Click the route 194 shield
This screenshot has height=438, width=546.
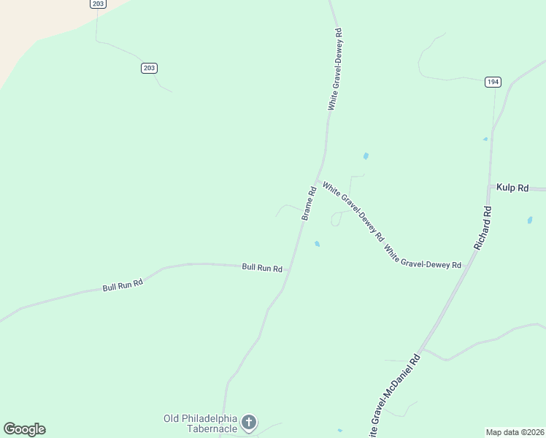coord(492,82)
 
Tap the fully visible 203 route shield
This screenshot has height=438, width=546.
coord(149,68)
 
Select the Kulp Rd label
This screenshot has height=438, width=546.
coord(512,188)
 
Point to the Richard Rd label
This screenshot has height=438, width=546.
coord(482,228)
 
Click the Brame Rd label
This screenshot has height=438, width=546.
coord(309,204)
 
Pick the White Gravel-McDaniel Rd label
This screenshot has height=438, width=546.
coord(394,398)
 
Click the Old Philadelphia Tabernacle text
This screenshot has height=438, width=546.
coord(200,423)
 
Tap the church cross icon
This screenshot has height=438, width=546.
coord(249,422)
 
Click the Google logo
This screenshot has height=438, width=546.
coord(24,429)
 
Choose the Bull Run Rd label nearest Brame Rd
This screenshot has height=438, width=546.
coord(262,268)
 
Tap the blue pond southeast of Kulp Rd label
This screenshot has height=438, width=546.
coord(529,220)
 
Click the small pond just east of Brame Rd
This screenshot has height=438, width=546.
coord(316,244)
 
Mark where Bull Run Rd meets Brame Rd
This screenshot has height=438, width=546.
coord(291,269)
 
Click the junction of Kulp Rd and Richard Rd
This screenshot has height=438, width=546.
coord(488,188)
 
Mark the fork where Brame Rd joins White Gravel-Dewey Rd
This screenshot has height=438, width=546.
coord(317,180)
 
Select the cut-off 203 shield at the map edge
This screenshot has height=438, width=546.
coord(98,4)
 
